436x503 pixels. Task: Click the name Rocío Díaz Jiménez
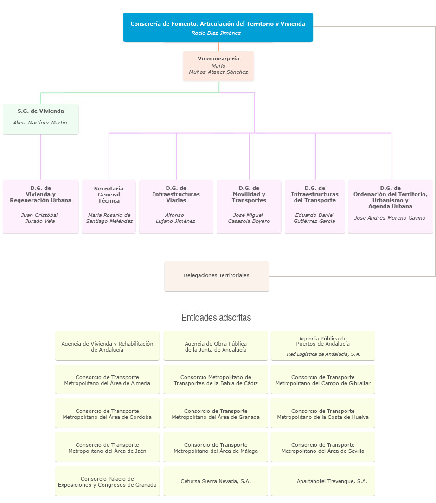[216, 33]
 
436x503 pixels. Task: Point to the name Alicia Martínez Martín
[40, 123]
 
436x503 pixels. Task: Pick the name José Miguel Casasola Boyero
[249, 218]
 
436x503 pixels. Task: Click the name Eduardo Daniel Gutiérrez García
[314, 218]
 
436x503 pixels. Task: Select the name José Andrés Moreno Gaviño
[390, 218]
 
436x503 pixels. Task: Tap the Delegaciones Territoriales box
[217, 276]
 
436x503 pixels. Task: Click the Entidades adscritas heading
[216, 318]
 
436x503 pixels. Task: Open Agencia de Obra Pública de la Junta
[216, 346]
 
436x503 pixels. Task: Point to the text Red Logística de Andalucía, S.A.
[323, 354]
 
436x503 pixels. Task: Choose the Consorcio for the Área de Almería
[107, 380]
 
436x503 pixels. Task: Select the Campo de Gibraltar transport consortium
[323, 380]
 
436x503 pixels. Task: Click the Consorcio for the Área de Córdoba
[107, 414]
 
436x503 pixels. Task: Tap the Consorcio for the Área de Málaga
[216, 448]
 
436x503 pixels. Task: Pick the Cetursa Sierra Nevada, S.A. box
[216, 481]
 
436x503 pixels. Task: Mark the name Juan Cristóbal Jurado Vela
[40, 218]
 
